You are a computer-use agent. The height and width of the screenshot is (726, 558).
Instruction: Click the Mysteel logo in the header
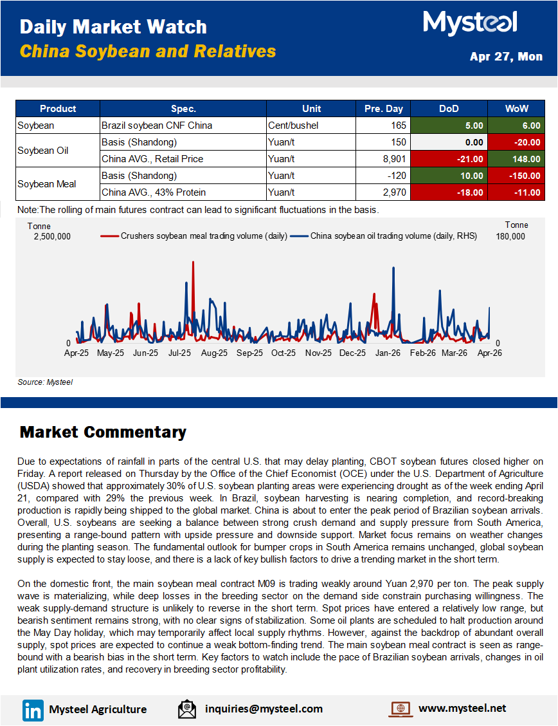click(x=470, y=24)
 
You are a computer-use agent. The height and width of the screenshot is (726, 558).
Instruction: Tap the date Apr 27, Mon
click(x=506, y=57)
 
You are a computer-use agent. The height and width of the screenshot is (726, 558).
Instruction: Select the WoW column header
click(x=516, y=109)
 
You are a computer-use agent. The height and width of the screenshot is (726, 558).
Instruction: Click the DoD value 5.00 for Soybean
click(x=449, y=126)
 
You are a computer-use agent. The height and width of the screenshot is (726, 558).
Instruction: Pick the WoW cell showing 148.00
click(x=516, y=159)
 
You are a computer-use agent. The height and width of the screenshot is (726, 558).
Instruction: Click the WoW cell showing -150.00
click(x=516, y=176)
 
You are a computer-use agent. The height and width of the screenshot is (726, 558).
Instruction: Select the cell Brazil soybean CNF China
click(x=183, y=126)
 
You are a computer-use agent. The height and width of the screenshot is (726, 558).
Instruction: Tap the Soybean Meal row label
click(x=47, y=184)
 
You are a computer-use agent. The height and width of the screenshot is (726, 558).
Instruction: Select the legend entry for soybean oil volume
click(x=384, y=236)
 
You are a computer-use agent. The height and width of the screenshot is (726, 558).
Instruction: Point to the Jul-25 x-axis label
click(x=180, y=353)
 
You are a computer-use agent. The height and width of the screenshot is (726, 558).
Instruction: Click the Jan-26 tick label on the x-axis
click(x=388, y=353)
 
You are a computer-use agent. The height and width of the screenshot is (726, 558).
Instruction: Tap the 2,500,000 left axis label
click(x=52, y=236)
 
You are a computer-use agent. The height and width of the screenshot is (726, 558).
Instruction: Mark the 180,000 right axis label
click(x=510, y=236)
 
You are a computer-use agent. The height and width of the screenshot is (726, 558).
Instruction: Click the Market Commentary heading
click(x=103, y=432)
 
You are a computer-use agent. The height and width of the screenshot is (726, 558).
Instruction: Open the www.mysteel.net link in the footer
click(x=462, y=708)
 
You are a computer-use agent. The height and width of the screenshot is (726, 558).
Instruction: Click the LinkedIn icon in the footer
click(x=33, y=709)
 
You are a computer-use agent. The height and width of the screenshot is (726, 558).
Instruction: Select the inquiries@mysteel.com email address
click(x=264, y=709)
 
